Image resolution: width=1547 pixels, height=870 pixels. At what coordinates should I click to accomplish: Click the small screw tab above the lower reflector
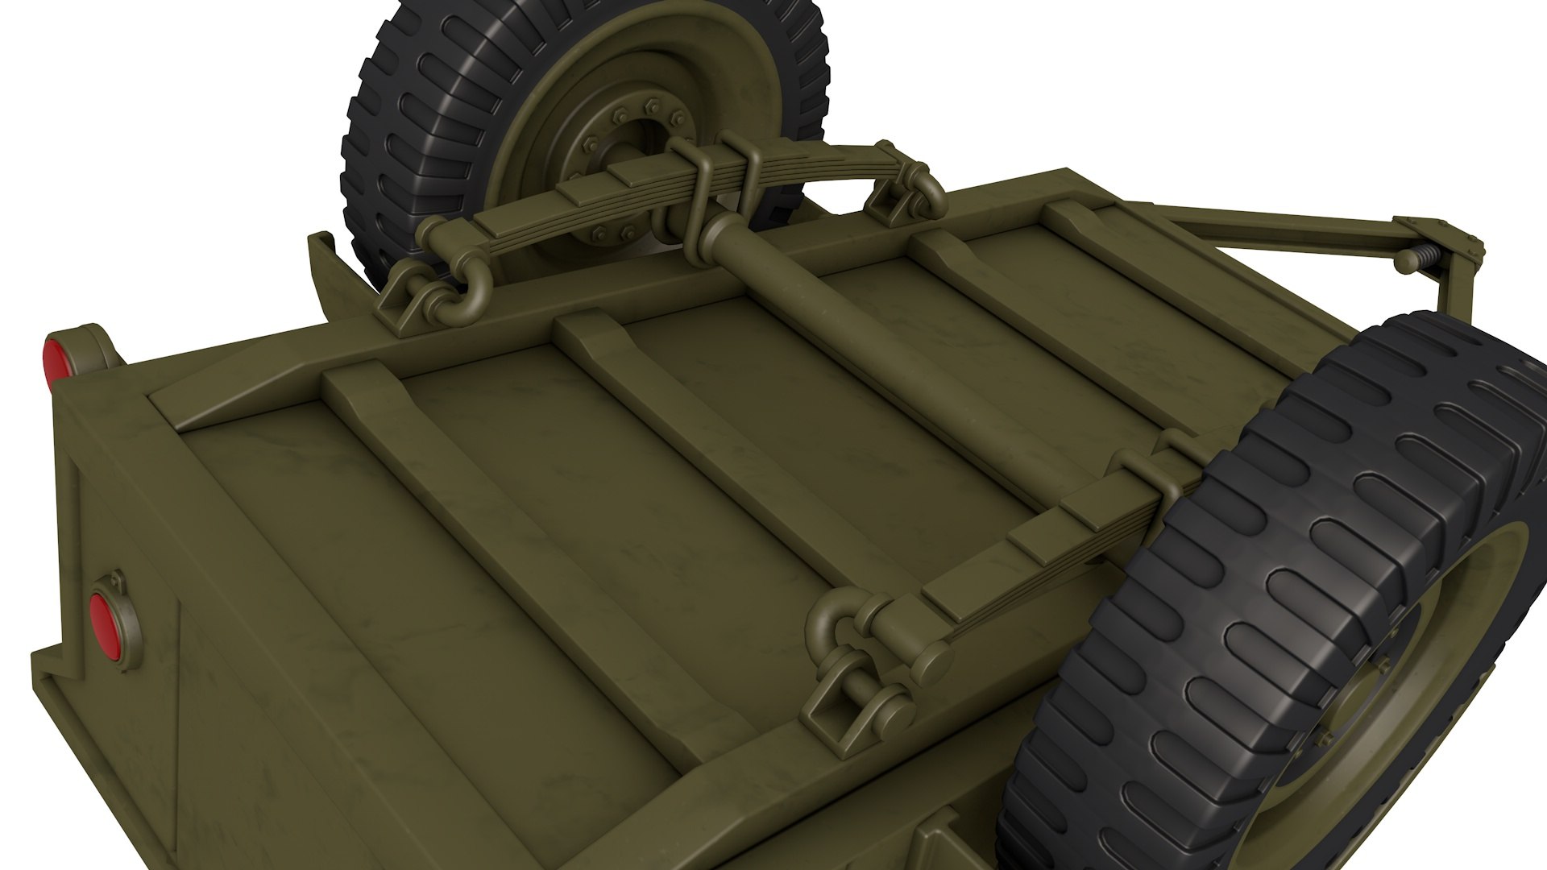click(x=118, y=579)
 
